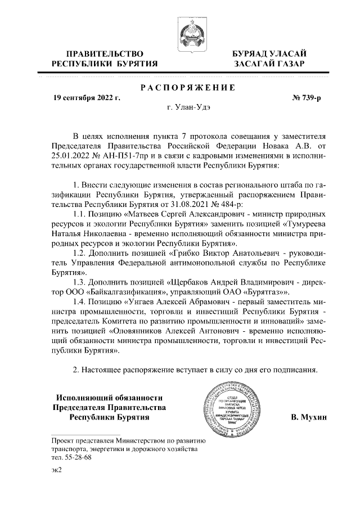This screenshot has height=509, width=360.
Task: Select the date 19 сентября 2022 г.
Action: click(x=86, y=97)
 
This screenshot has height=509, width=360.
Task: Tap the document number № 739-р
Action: click(x=307, y=97)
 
